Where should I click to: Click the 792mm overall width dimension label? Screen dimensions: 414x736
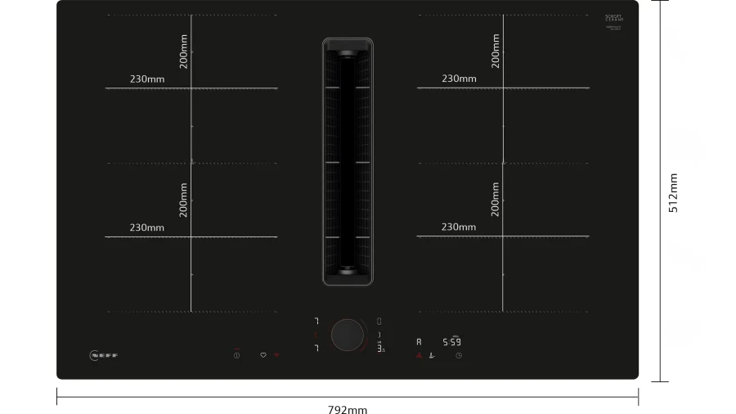point(348,408)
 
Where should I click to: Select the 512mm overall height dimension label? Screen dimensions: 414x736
point(673,193)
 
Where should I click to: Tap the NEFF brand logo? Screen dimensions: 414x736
point(104,355)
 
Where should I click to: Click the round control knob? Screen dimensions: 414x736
point(348,335)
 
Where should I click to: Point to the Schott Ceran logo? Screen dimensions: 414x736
point(614,19)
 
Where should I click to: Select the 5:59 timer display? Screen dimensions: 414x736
point(451,342)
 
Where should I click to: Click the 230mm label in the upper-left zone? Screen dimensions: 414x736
point(146,79)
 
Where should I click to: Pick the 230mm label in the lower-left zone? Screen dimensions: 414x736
point(146,227)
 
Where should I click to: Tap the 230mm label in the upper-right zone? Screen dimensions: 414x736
point(459,79)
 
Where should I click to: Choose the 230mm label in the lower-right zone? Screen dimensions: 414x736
point(459,227)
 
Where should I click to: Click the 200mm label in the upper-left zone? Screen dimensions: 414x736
point(184,52)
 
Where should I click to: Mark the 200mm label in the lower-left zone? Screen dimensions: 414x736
point(184,199)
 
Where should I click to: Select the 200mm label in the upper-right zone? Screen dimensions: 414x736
point(496,51)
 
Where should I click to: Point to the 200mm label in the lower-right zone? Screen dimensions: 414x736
point(496,199)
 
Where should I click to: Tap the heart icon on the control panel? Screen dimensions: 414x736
point(263,356)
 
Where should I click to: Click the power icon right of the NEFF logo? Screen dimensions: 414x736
point(236,356)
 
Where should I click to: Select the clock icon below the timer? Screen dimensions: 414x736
point(459,356)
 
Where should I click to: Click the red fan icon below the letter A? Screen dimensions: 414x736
point(418,356)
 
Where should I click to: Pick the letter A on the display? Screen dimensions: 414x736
point(419,342)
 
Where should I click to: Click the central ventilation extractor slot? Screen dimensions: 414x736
point(348,162)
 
